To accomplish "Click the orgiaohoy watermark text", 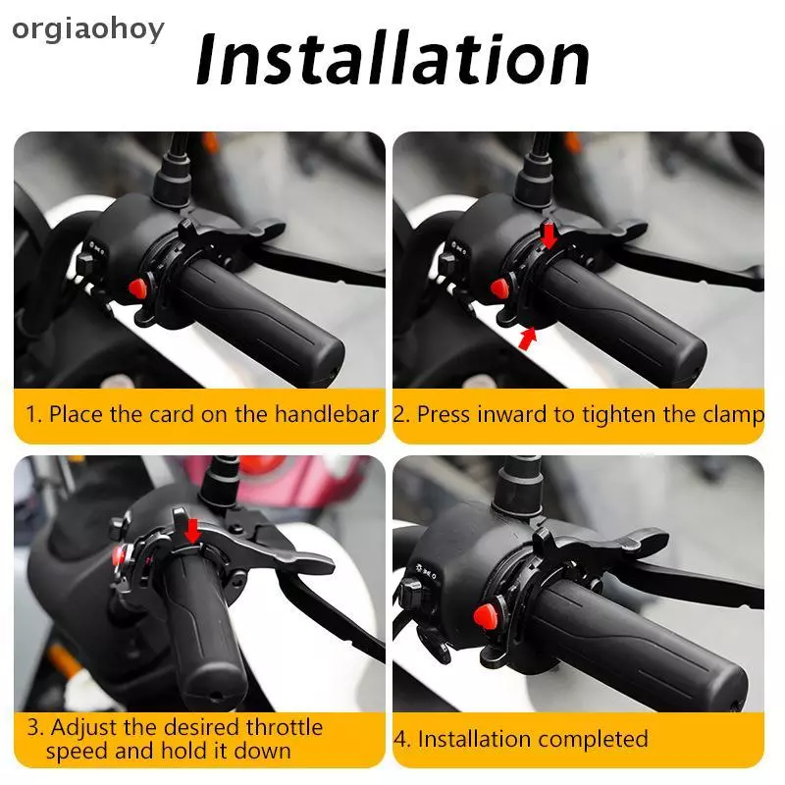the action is tap(88, 30).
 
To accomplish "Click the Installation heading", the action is tap(393, 60).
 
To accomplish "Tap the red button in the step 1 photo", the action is tap(137, 288).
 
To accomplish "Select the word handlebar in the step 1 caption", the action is tap(327, 414).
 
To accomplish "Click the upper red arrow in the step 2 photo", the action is tap(549, 235).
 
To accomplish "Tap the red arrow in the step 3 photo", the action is tap(192, 531).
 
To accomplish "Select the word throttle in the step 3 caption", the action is tap(285, 727).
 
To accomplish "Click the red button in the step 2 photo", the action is tap(499, 288).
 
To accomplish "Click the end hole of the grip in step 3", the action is tap(216, 696).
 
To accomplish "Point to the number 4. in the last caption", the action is tap(402, 740).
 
